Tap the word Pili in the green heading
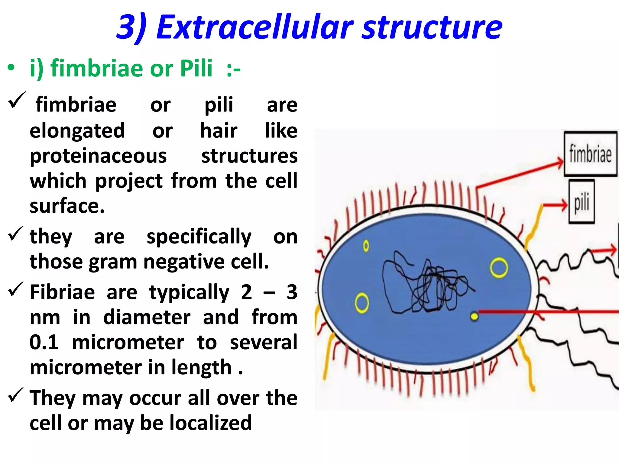coord(196,68)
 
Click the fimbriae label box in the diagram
coord(590,154)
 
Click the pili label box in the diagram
coord(582,201)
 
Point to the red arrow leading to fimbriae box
coord(520,175)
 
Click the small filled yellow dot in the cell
coord(474,316)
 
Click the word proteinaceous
coord(98,156)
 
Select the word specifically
coord(199,237)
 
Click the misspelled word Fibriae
coord(62,292)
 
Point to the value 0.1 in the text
coord(44,342)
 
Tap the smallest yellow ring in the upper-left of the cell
coord(366,246)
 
